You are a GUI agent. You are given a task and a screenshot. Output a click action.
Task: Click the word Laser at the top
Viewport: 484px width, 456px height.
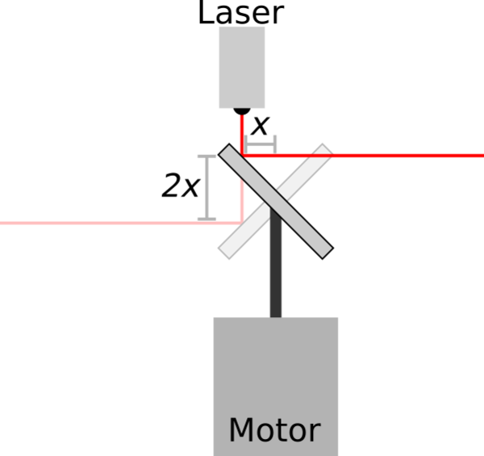[x=240, y=12]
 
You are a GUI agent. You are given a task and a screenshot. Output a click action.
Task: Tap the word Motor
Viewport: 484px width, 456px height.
[x=275, y=430]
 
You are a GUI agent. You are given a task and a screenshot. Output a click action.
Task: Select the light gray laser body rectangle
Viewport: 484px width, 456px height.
[x=242, y=67]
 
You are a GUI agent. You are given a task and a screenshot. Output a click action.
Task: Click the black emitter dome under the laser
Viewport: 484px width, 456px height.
[x=242, y=111]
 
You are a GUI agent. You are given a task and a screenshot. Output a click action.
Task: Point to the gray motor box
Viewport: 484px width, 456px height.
[x=276, y=387]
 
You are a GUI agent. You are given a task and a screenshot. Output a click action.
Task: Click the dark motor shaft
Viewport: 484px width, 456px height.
[x=276, y=262]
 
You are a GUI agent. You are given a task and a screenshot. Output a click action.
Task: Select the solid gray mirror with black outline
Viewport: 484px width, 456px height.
[x=276, y=201]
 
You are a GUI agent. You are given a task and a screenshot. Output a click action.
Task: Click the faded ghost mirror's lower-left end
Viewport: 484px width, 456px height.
[x=223, y=253]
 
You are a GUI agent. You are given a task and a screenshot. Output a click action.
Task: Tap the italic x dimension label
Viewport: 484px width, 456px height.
[x=261, y=126]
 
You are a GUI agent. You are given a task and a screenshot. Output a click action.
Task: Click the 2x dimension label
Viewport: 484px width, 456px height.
[x=181, y=186]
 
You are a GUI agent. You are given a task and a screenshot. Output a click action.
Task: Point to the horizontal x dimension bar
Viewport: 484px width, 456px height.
[x=261, y=144]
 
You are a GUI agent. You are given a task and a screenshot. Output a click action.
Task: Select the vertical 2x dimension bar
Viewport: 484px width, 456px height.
[x=207, y=188]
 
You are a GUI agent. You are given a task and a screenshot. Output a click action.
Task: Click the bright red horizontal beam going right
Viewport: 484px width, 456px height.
[x=363, y=155]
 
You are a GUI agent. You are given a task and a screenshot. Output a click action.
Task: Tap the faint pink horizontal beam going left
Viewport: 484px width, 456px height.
[x=121, y=223]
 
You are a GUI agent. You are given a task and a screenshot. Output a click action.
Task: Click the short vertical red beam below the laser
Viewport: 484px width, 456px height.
[x=242, y=135]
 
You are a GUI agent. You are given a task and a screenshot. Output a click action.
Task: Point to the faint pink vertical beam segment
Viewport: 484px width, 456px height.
[x=242, y=201]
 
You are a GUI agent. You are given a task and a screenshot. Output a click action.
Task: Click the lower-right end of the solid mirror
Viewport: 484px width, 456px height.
[x=328, y=253]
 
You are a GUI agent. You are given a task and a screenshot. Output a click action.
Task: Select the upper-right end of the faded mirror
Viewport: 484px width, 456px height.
[x=328, y=149]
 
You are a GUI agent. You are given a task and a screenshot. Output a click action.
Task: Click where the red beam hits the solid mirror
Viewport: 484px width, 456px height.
[x=242, y=155]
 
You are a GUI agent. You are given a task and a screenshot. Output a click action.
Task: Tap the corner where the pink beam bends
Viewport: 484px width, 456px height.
[x=242, y=223]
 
